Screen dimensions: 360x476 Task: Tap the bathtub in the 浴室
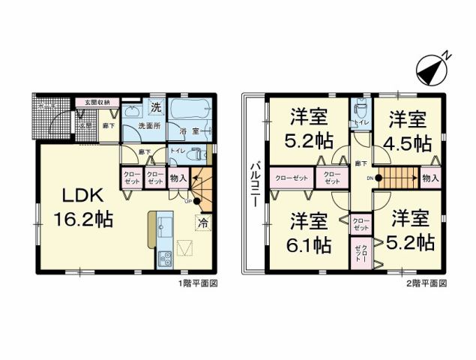[187, 112]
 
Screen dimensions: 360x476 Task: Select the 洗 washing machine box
[156, 107]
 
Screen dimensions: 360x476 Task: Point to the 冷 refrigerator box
[202, 222]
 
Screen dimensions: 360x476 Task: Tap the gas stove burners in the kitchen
[165, 259]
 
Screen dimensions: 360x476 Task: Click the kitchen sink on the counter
[164, 223]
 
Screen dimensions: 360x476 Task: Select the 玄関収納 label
[97, 102]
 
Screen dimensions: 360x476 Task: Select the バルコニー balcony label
[253, 183]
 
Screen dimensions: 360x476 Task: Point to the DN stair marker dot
[379, 178]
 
